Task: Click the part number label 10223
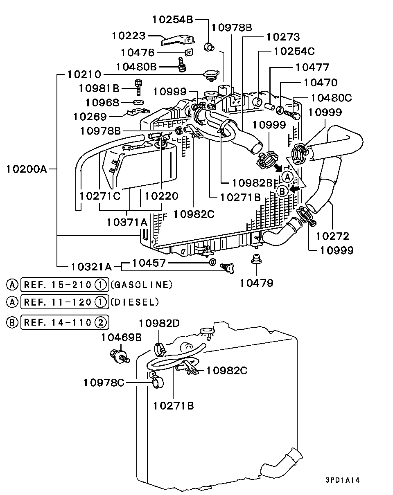(129, 36)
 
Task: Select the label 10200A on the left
(27, 168)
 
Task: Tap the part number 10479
(256, 283)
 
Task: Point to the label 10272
(332, 236)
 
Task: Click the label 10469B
(121, 337)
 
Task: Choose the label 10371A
(127, 222)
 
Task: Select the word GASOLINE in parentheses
(141, 284)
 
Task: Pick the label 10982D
(159, 323)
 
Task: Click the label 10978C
(104, 382)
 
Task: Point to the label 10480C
(331, 98)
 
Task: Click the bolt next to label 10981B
(138, 86)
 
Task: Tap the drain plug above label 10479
(256, 259)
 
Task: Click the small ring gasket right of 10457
(212, 262)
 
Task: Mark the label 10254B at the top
(172, 19)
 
